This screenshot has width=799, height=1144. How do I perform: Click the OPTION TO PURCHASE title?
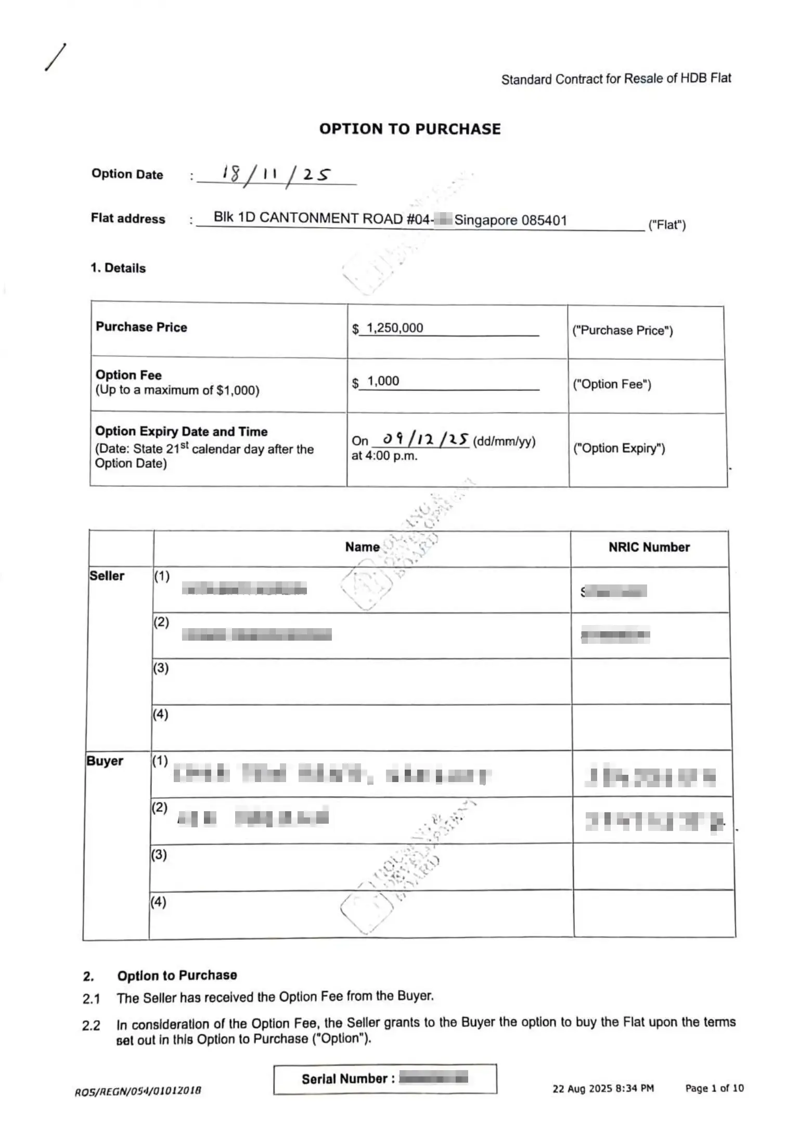[409, 129]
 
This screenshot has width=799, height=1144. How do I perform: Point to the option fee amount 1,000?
[383, 381]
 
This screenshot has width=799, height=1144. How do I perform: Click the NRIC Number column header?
[649, 547]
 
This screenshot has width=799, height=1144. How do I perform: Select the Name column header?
[362, 547]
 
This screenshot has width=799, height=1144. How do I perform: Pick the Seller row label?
[107, 576]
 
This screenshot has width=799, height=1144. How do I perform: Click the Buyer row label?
[105, 761]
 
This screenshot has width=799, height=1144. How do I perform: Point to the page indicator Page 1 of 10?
[714, 1088]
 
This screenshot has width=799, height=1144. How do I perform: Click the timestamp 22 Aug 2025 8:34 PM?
[603, 1088]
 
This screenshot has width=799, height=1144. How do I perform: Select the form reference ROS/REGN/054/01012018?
[138, 1091]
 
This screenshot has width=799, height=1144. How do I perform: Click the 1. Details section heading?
[118, 268]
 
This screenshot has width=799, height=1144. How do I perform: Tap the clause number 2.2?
[91, 1026]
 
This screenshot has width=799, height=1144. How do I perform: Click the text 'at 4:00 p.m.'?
[384, 456]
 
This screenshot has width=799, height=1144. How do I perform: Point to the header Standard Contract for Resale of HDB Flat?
[616, 79]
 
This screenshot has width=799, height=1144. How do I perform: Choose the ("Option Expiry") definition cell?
[619, 448]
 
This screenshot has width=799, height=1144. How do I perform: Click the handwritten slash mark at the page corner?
[55, 57]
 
